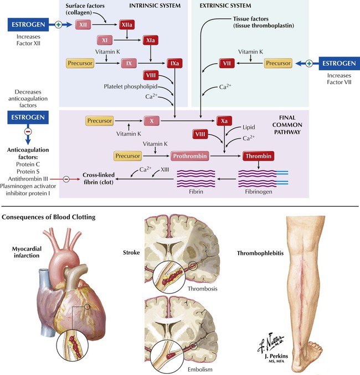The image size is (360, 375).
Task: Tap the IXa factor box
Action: coord(174,64)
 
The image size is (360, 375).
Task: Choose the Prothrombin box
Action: coord(192,156)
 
